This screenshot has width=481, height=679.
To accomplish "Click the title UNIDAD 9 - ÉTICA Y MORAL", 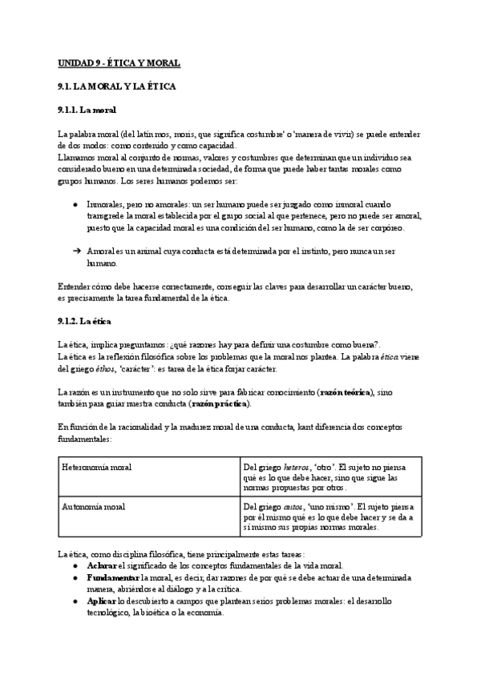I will point(120,62).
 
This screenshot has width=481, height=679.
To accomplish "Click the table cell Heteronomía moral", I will point(97,467).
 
